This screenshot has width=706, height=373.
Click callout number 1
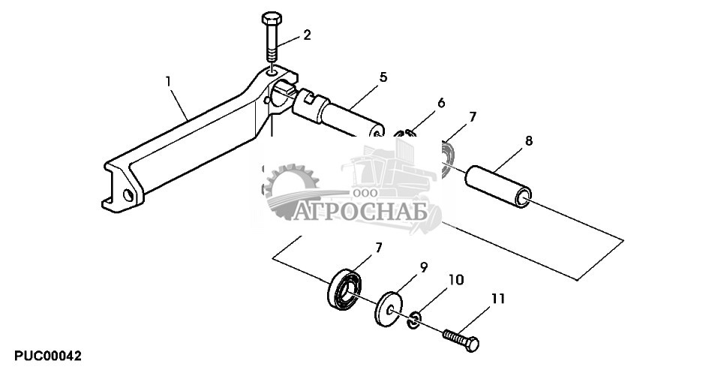(x=169, y=79)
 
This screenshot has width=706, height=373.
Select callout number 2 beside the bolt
(x=306, y=35)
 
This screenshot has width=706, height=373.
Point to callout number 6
(x=441, y=102)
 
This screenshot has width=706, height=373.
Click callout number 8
(x=530, y=140)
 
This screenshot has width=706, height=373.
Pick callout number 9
(x=424, y=266)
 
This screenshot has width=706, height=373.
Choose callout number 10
(x=456, y=280)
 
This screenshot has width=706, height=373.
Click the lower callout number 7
(x=379, y=247)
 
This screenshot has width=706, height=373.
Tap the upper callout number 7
(x=472, y=118)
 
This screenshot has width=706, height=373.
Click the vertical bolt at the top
(x=271, y=38)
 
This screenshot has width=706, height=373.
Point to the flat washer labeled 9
(x=388, y=308)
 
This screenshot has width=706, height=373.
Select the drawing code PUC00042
(x=47, y=355)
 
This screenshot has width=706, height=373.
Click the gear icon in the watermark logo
(x=291, y=191)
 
